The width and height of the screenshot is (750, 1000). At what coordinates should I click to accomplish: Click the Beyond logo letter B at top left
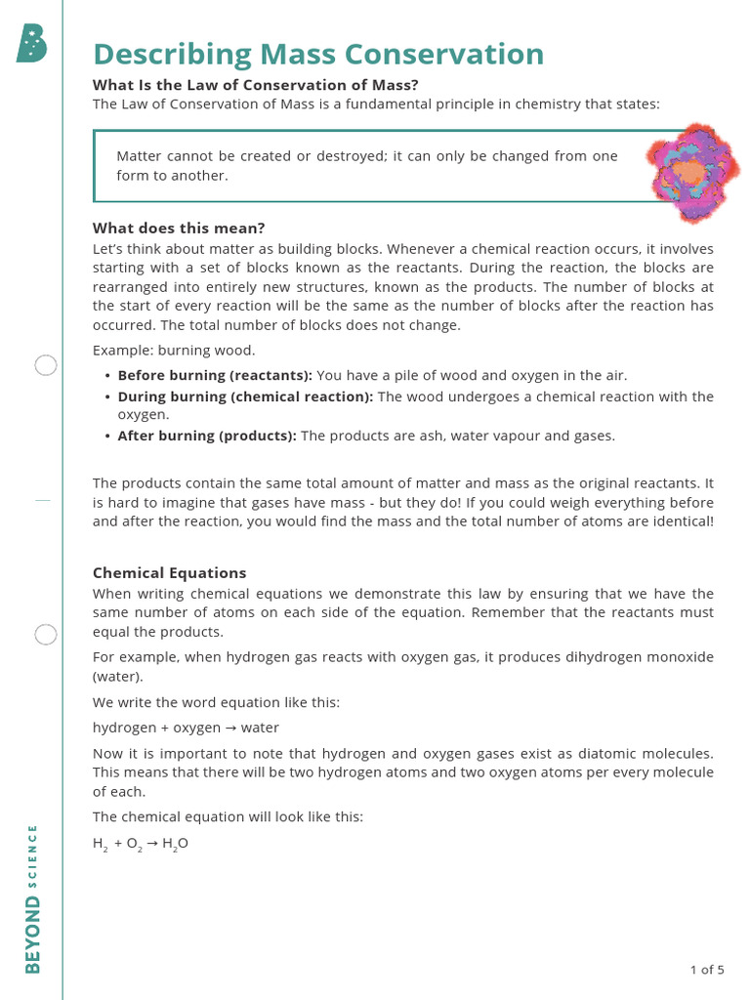tap(31, 44)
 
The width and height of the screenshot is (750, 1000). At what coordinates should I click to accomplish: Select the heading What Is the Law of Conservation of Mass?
tap(256, 85)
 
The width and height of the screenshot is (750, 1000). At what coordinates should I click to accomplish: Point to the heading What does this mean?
tap(179, 229)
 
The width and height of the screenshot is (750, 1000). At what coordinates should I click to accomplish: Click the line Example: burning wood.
tap(173, 351)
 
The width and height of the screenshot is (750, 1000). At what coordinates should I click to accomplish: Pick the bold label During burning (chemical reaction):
tap(245, 396)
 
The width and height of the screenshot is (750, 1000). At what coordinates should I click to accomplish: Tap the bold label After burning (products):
tap(207, 436)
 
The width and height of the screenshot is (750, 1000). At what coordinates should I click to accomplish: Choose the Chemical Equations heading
tap(169, 573)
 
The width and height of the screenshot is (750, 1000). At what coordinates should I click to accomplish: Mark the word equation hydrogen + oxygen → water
tap(186, 728)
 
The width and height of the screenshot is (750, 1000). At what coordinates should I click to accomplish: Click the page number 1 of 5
tap(706, 970)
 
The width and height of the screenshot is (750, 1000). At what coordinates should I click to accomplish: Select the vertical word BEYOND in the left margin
tap(33, 936)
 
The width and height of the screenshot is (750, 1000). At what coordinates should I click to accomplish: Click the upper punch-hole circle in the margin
tap(46, 365)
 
